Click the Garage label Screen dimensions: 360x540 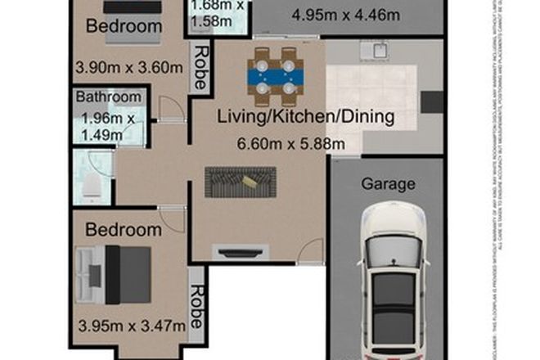(x=389, y=184)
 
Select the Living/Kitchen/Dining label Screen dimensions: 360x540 (x=306, y=117)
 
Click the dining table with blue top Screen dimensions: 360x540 (x=275, y=79)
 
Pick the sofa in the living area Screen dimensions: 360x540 (x=241, y=181)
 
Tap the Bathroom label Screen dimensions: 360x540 (x=108, y=97)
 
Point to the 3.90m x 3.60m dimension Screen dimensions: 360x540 (x=128, y=66)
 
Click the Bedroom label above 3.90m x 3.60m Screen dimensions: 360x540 (x=123, y=25)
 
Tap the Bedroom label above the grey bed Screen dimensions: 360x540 (x=123, y=230)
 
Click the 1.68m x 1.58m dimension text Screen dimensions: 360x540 (x=218, y=14)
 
